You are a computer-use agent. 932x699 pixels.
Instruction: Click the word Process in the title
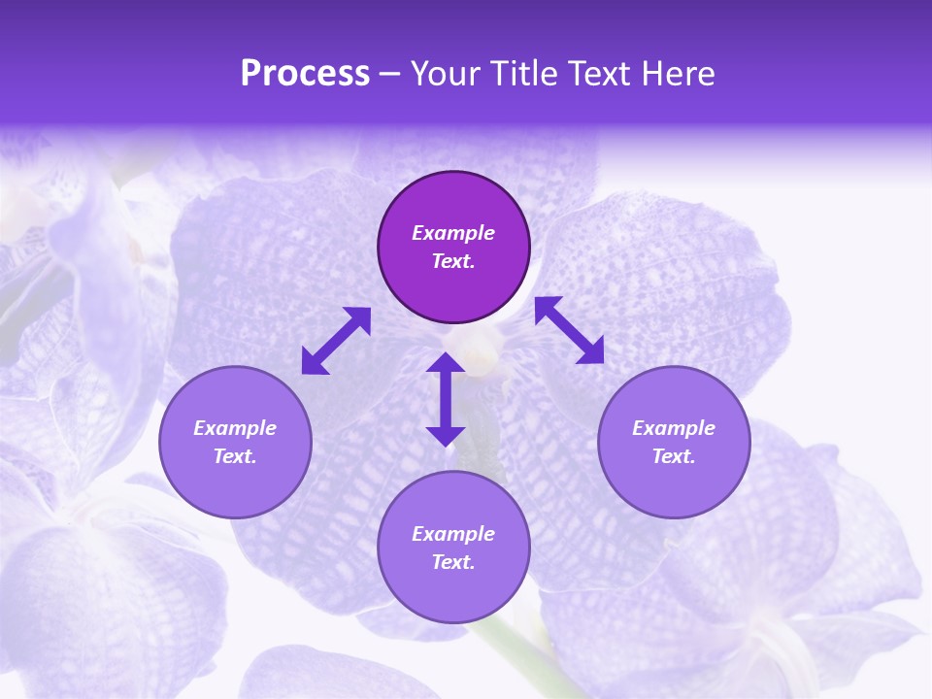pyautogui.click(x=305, y=74)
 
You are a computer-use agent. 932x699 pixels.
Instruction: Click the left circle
pyautogui.click(x=235, y=442)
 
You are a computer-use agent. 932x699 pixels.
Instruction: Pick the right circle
pyautogui.click(x=674, y=442)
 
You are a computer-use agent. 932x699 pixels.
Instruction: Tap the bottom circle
pyautogui.click(x=453, y=547)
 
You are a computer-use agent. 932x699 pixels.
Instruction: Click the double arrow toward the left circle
pyautogui.click(x=336, y=341)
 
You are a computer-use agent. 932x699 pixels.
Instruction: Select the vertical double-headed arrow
pyautogui.click(x=446, y=399)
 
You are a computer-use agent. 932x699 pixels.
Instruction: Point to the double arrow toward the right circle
pyautogui.click(x=570, y=330)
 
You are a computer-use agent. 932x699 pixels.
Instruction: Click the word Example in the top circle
pyautogui.click(x=453, y=233)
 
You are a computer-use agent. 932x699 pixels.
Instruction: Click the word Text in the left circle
pyautogui.click(x=235, y=456)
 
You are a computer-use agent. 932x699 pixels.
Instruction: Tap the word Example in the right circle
pyautogui.click(x=674, y=428)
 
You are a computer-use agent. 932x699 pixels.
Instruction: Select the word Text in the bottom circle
pyautogui.click(x=453, y=562)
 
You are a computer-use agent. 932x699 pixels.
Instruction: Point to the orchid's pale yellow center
pyautogui.click(x=482, y=359)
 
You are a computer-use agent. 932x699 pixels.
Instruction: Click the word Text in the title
pyautogui.click(x=603, y=74)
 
